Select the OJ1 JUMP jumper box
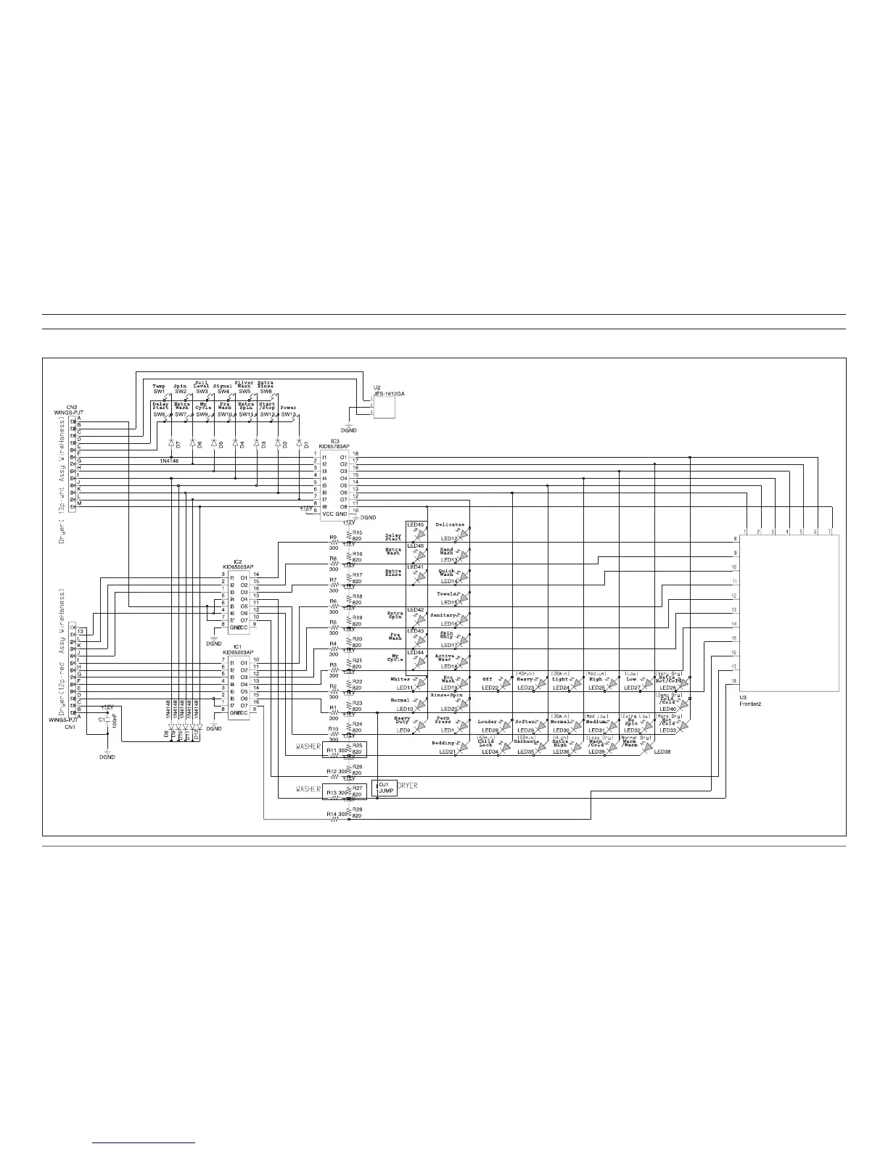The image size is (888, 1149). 385,788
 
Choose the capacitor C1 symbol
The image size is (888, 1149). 107,720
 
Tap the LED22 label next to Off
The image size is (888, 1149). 490,688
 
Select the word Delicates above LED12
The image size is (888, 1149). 450,524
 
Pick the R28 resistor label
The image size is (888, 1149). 357,810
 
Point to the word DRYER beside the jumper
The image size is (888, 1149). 408,786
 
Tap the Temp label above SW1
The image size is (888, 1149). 159,387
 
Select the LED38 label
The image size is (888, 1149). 662,752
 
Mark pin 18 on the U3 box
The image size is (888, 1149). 734,681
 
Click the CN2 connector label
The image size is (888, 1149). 73,408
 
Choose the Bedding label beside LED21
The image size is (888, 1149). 443,744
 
